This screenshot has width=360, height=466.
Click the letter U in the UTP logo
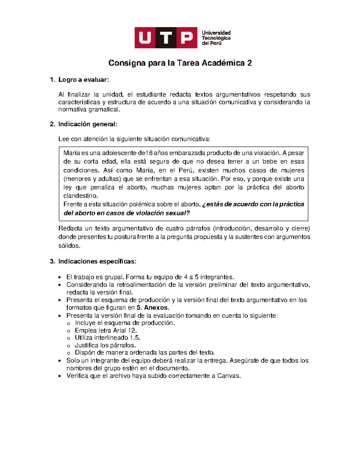pyautogui.click(x=145, y=38)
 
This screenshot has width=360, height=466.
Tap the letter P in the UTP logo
pyautogui.click(x=187, y=38)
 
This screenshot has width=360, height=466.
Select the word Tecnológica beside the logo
pyautogui.click(x=216, y=38)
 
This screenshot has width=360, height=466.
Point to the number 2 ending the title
pyautogui.click(x=249, y=63)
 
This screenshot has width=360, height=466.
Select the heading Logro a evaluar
pyautogui.click(x=83, y=80)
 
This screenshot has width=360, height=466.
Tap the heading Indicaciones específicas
pyautogui.click(x=97, y=261)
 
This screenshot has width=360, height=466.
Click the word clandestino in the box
pyautogui.click(x=80, y=196)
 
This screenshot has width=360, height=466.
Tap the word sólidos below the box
pyautogui.click(x=69, y=246)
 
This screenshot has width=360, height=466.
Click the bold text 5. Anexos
pyautogui.click(x=153, y=308)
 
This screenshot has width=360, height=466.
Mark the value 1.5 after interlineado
pyautogui.click(x=135, y=338)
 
